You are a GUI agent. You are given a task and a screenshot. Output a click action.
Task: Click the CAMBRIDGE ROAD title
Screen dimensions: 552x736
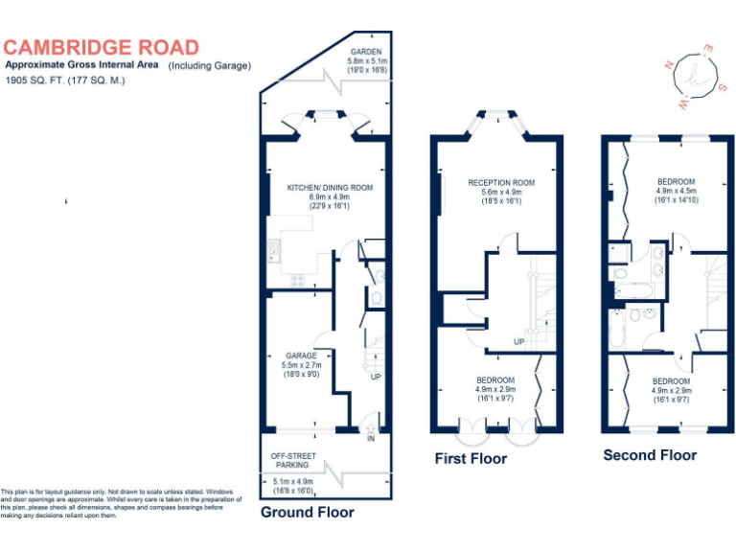coord(102,47)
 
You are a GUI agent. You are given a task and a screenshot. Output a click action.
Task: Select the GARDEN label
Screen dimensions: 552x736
coord(367,52)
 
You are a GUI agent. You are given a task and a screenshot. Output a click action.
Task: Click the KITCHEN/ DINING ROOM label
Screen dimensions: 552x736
coord(330,188)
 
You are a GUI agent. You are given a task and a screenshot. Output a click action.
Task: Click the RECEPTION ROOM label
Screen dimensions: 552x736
coord(501,182)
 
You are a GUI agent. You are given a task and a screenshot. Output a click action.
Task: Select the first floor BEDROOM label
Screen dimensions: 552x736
coord(495,380)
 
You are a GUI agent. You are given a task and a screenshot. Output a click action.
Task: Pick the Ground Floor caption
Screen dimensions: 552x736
coord(307,512)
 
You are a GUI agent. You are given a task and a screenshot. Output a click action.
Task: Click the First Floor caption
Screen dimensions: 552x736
coord(471,458)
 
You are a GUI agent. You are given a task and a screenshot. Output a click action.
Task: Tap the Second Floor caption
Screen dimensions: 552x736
coord(650,455)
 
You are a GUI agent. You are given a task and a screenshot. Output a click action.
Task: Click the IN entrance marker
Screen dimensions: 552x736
coord(371,439)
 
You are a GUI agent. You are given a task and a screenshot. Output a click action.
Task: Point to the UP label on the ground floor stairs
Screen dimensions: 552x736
coord(376,376)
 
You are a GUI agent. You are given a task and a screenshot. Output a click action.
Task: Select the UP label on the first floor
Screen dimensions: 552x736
coord(518,341)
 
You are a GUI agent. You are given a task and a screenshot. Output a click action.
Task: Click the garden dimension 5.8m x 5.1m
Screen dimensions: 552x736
coord(367,61)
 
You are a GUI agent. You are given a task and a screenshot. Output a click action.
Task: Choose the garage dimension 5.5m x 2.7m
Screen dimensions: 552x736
coord(301,365)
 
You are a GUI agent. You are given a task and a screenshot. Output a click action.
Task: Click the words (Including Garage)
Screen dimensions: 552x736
coord(210,65)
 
